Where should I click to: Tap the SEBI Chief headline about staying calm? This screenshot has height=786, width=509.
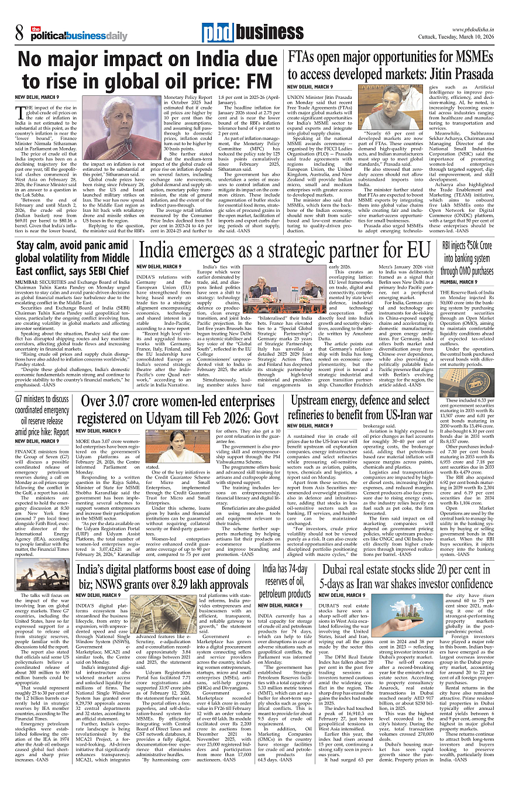(73, 258)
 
